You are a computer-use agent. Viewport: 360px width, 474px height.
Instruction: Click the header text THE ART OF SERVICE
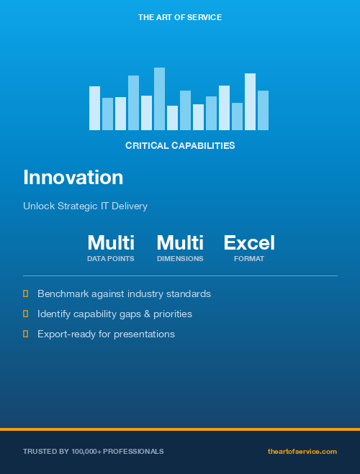[x=180, y=17]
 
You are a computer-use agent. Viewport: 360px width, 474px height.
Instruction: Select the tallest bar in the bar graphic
[x=159, y=99]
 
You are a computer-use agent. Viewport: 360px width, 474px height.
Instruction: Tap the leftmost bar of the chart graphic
[x=94, y=109]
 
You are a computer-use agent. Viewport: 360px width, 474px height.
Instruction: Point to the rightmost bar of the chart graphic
[x=263, y=111]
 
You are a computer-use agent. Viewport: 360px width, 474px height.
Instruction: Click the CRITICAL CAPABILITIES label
[x=180, y=145]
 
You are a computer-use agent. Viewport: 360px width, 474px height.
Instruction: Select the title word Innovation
[x=73, y=178]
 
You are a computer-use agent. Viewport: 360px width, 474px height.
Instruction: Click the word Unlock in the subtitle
[x=37, y=206]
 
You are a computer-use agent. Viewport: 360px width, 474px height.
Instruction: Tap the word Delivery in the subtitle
[x=129, y=206]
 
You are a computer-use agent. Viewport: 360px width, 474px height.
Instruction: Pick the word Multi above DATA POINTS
[x=111, y=242]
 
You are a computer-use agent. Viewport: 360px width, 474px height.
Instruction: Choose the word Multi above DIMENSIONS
[x=180, y=242]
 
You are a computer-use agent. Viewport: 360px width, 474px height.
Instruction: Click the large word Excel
[x=249, y=242]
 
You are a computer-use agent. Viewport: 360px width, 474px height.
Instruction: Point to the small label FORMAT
[x=249, y=259]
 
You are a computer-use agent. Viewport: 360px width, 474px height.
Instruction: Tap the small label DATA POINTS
[x=111, y=259]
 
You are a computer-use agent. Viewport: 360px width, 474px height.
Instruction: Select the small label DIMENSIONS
[x=180, y=259]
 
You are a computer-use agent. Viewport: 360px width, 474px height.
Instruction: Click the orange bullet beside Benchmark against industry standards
[x=26, y=293]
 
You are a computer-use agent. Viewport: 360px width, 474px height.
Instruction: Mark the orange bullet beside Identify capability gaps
[x=26, y=314]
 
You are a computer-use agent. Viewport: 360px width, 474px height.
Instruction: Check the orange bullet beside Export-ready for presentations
[x=26, y=334]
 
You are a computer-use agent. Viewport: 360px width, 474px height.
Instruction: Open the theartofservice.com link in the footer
[x=302, y=451]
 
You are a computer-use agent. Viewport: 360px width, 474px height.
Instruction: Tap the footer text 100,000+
[x=87, y=451]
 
